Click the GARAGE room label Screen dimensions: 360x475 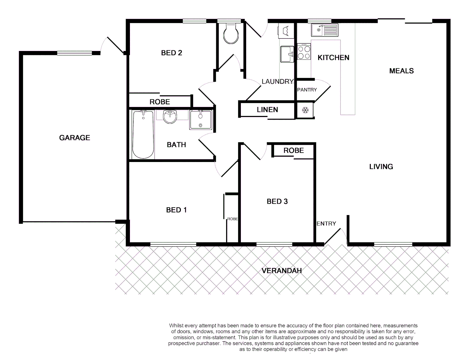point(75,138)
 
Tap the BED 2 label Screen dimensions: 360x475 point(172,53)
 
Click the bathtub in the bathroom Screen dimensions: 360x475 point(143,134)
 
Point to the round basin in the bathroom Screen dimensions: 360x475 point(171,117)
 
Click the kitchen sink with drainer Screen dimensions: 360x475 point(324,30)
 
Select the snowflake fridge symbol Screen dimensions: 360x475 point(305,110)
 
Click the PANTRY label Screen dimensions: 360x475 point(307,90)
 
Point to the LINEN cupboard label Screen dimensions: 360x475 point(267,110)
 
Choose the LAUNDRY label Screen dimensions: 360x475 point(277,82)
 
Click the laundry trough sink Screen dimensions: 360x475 point(287,54)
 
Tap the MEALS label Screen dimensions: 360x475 point(401,71)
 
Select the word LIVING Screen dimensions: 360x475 point(381,167)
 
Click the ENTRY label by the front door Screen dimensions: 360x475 point(326,224)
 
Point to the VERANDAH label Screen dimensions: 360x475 point(281,271)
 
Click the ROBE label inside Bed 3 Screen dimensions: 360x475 point(293,151)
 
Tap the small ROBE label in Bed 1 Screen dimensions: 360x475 point(233,219)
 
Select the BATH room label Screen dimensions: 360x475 point(176,145)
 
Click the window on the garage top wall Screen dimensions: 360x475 point(75,53)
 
